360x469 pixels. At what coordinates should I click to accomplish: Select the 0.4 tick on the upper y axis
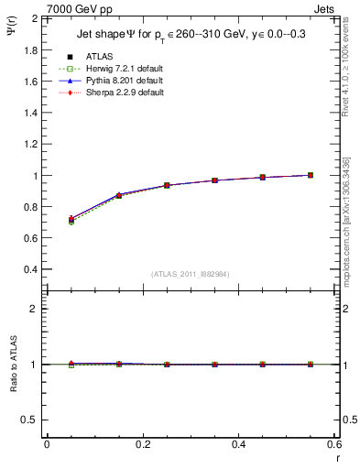tap(29, 270)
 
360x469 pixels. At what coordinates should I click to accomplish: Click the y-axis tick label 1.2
tap(29, 144)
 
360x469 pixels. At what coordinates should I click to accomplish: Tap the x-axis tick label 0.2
tap(143, 444)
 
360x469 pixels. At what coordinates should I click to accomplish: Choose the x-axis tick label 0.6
tap(334, 444)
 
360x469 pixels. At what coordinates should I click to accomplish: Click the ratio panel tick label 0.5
tap(29, 420)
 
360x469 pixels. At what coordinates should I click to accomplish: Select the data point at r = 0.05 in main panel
tap(71, 220)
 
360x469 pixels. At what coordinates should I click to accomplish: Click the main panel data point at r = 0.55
tap(311, 175)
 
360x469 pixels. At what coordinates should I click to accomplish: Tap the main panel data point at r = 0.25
tap(167, 185)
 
